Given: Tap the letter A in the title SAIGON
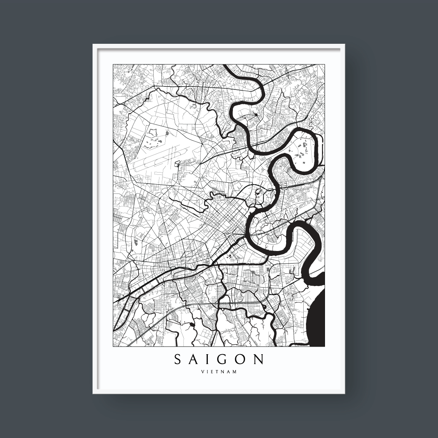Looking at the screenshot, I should click(x=194, y=360).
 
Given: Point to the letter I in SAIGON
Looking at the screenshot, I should click(x=209, y=360).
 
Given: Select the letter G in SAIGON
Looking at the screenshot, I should click(x=223, y=360).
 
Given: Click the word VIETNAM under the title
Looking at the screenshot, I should click(x=219, y=372).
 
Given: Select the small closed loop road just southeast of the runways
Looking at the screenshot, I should click(x=177, y=164).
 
